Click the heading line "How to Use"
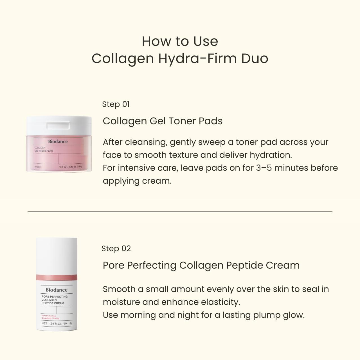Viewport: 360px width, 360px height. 180,41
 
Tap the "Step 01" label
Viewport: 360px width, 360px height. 116,104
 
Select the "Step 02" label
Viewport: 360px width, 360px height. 116,249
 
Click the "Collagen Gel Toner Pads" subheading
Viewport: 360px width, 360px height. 163,121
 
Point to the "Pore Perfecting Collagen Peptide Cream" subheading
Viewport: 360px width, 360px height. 201,265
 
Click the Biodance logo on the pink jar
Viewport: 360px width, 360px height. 58,141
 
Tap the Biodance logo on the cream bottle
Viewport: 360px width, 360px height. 57,290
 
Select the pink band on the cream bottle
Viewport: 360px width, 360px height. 57,277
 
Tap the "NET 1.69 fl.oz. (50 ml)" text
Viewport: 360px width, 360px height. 57,323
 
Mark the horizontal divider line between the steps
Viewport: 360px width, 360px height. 180,211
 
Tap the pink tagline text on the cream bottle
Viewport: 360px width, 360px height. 50,317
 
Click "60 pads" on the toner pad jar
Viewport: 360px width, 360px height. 38,167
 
